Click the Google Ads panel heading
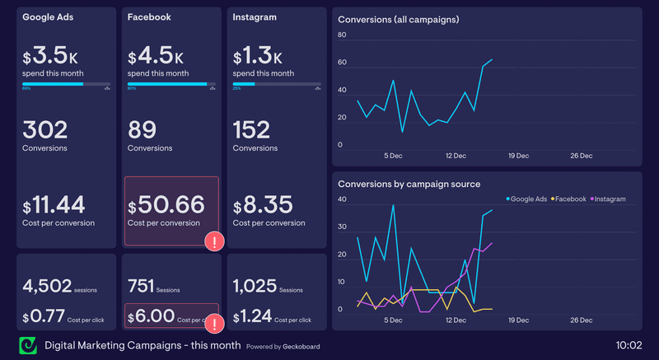point(49,16)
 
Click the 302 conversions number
point(45,130)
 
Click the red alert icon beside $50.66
point(214,241)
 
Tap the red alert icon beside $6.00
point(214,323)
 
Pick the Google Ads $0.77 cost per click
point(45,316)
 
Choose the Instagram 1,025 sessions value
point(255,287)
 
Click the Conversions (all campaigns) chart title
point(399,19)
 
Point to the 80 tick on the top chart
point(342,35)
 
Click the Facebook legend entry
point(568,199)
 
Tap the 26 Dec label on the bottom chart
point(582,320)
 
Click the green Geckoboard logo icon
point(27,344)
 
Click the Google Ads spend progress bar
point(66,84)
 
